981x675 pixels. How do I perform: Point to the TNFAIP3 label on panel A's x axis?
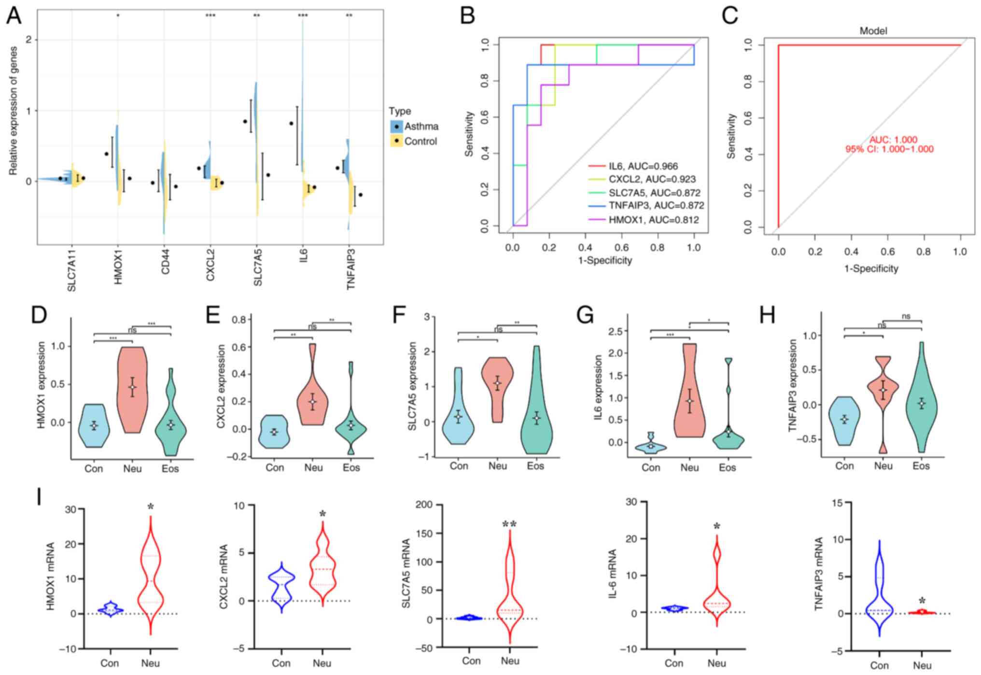click(351, 268)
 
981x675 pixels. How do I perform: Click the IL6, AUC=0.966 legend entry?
click(633, 167)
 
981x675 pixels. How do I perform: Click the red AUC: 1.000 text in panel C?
click(893, 140)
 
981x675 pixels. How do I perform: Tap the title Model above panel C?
click(873, 31)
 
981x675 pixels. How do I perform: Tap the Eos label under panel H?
click(921, 466)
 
